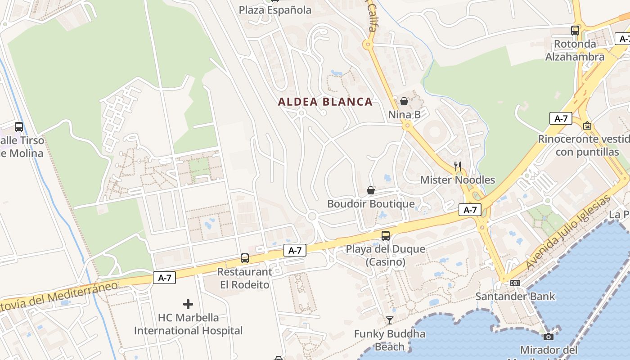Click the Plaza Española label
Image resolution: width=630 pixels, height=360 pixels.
coord(275,10)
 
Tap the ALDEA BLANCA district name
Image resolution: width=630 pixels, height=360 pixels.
coord(325,102)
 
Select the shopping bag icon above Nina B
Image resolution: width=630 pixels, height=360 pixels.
coord(404,101)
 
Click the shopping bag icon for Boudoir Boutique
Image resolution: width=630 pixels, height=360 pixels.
coord(371,190)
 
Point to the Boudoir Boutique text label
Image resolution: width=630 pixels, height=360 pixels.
coord(371,204)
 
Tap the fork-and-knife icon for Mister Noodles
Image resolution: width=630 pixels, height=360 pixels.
coord(458,166)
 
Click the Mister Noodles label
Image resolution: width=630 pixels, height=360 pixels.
coord(457,180)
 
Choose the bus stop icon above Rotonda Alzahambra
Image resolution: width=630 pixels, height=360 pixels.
coord(575,31)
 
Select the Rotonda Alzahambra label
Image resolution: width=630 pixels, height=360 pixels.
coord(575,50)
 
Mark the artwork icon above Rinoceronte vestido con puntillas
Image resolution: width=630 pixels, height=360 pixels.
coord(587,126)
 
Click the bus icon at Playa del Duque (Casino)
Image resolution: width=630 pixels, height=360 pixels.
coord(386,235)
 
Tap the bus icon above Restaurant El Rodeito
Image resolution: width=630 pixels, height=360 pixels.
coord(245,258)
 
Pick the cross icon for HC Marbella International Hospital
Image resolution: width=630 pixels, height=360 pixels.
coord(188,304)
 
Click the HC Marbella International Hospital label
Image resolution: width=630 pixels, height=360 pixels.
coord(188,324)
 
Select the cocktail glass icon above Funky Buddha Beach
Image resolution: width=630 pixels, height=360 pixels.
coord(390,320)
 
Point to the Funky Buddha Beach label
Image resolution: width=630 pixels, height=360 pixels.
coord(390,340)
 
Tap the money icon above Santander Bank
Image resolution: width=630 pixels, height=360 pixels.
coord(515,283)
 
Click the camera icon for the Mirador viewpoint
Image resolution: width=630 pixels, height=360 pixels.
coord(548,337)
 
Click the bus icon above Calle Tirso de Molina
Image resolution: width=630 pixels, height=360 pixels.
coord(19,127)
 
